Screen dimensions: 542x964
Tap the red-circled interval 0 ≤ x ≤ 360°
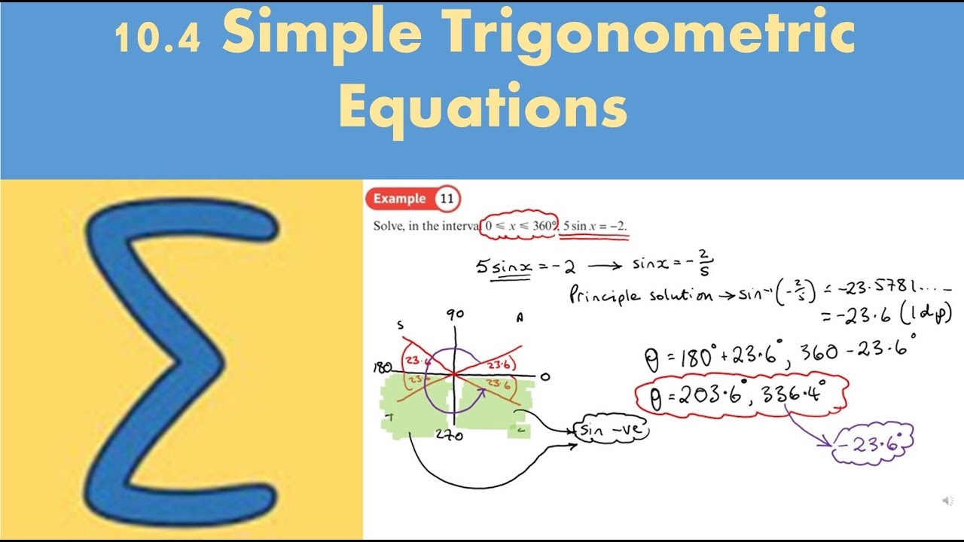(520, 226)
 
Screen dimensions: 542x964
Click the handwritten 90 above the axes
(454, 315)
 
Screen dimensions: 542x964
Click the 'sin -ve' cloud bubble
(610, 431)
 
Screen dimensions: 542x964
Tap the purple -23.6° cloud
(872, 443)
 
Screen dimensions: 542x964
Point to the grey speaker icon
(947, 501)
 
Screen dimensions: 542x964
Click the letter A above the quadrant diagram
(519, 318)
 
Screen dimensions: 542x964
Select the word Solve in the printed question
(387, 226)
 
